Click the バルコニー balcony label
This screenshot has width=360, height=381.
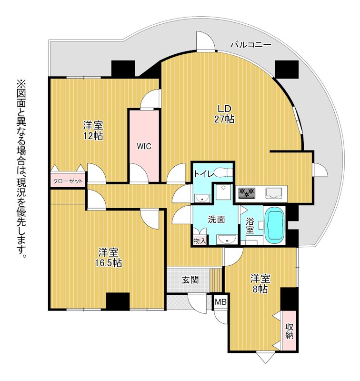(250, 45)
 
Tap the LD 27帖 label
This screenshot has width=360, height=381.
(224, 114)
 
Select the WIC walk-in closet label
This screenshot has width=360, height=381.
(144, 146)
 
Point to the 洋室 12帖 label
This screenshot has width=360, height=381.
(93, 130)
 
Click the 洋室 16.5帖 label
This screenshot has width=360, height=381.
(109, 258)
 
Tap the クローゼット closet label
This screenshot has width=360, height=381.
(68, 181)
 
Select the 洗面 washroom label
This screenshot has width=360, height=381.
(217, 220)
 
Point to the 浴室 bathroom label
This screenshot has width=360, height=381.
(250, 226)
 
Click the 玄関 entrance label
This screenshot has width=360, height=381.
(190, 280)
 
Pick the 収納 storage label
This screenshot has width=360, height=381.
(290, 331)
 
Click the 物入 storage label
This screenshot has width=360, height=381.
(200, 241)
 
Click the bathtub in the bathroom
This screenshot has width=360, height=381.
(275, 225)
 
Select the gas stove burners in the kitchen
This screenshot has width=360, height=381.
(247, 193)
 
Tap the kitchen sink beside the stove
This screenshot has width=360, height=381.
(274, 193)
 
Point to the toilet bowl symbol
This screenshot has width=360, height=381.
(223, 173)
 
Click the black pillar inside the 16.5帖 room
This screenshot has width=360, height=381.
(118, 301)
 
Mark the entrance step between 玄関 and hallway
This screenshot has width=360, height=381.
(216, 280)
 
